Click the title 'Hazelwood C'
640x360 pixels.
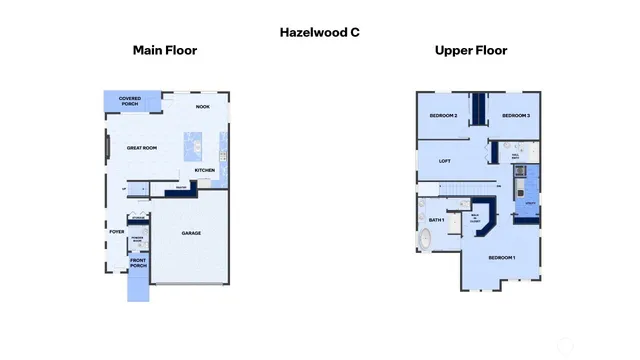click(x=319, y=32)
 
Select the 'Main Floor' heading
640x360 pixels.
click(x=165, y=50)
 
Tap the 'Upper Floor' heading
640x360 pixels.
click(x=470, y=50)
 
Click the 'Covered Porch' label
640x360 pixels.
click(x=130, y=100)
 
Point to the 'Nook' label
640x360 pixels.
click(x=202, y=106)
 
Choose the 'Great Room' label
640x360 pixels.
click(x=142, y=148)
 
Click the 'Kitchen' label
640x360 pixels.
click(x=205, y=170)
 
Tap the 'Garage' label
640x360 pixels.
click(x=191, y=233)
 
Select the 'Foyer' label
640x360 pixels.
click(x=116, y=232)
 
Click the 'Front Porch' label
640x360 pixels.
click(x=138, y=264)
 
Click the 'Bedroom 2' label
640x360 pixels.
click(x=443, y=116)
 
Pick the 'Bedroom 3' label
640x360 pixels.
click(x=515, y=116)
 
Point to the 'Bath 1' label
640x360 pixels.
click(x=436, y=220)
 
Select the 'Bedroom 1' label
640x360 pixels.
click(x=501, y=257)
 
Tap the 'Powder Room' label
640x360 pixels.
click(x=138, y=240)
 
